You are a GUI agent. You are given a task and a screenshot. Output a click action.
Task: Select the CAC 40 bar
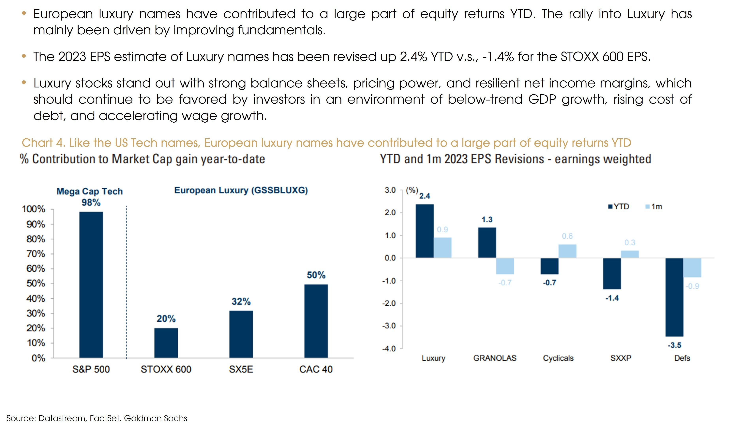pos(316,321)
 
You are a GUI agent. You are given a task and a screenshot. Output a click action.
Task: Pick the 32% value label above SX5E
pos(241,301)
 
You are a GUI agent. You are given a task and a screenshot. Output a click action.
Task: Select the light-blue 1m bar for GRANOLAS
pos(505,266)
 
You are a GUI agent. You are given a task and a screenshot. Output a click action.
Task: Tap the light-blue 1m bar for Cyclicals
pos(567,251)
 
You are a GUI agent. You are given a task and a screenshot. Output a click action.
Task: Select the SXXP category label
pos(621,358)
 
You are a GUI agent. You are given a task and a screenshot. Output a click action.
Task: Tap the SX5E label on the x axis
pos(241,369)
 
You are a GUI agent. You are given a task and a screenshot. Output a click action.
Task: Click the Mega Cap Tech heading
pos(90,191)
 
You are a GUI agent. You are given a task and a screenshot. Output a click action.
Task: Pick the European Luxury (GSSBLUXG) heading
pos(241,190)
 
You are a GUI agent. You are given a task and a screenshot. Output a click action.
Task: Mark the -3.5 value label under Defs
pos(674,345)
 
